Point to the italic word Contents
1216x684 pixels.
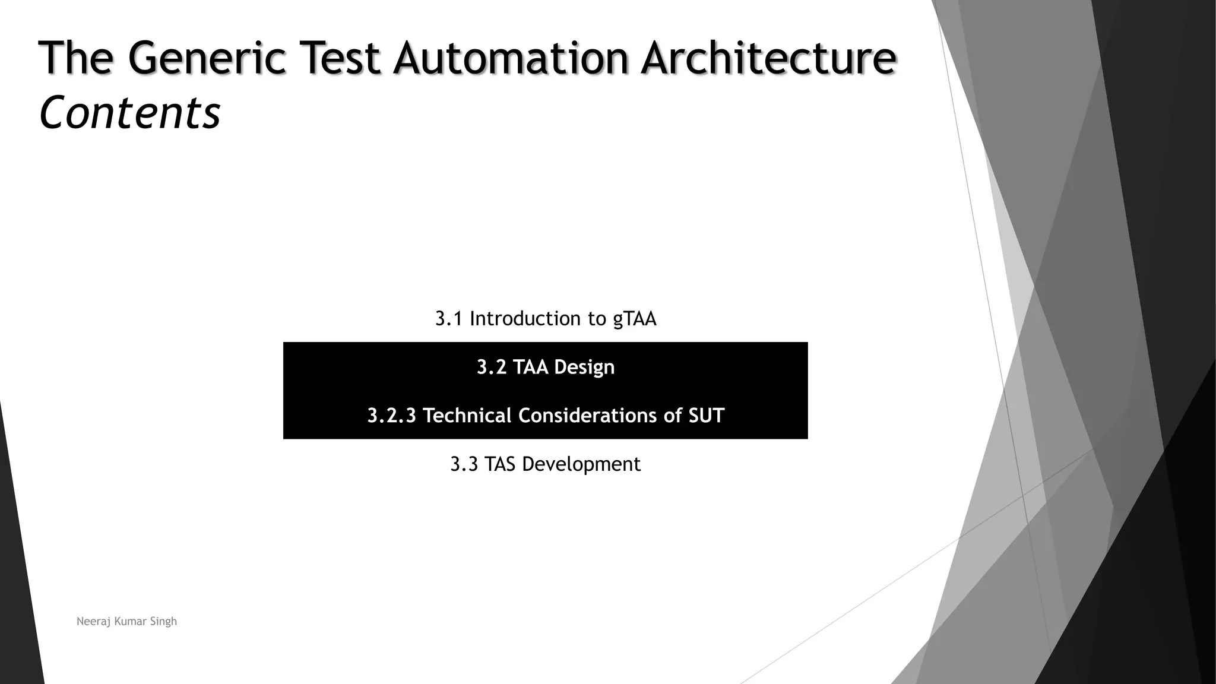(129, 113)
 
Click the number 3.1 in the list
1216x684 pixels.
(448, 319)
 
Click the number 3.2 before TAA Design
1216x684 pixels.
(492, 367)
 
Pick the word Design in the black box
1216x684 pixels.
(584, 368)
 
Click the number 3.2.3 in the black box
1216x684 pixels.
(392, 416)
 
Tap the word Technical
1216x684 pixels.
(467, 416)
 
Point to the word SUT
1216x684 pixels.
(707, 416)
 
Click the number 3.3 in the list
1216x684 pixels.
(464, 464)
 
